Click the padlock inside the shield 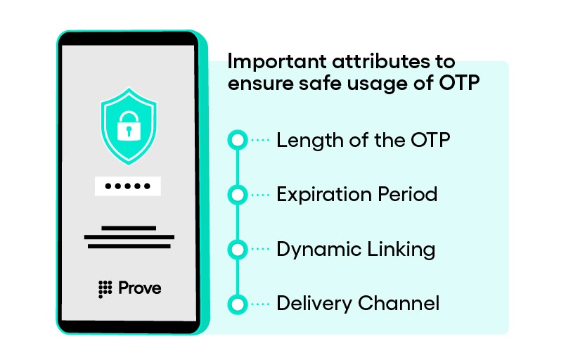[x=128, y=127]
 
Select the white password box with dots [x=128, y=186]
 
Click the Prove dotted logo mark [x=105, y=288]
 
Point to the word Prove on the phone [x=139, y=288]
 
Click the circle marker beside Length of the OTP [x=238, y=141]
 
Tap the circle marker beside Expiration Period [x=238, y=195]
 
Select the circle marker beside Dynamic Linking [x=238, y=250]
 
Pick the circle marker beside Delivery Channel [x=238, y=304]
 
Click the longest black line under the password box [x=128, y=238]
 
